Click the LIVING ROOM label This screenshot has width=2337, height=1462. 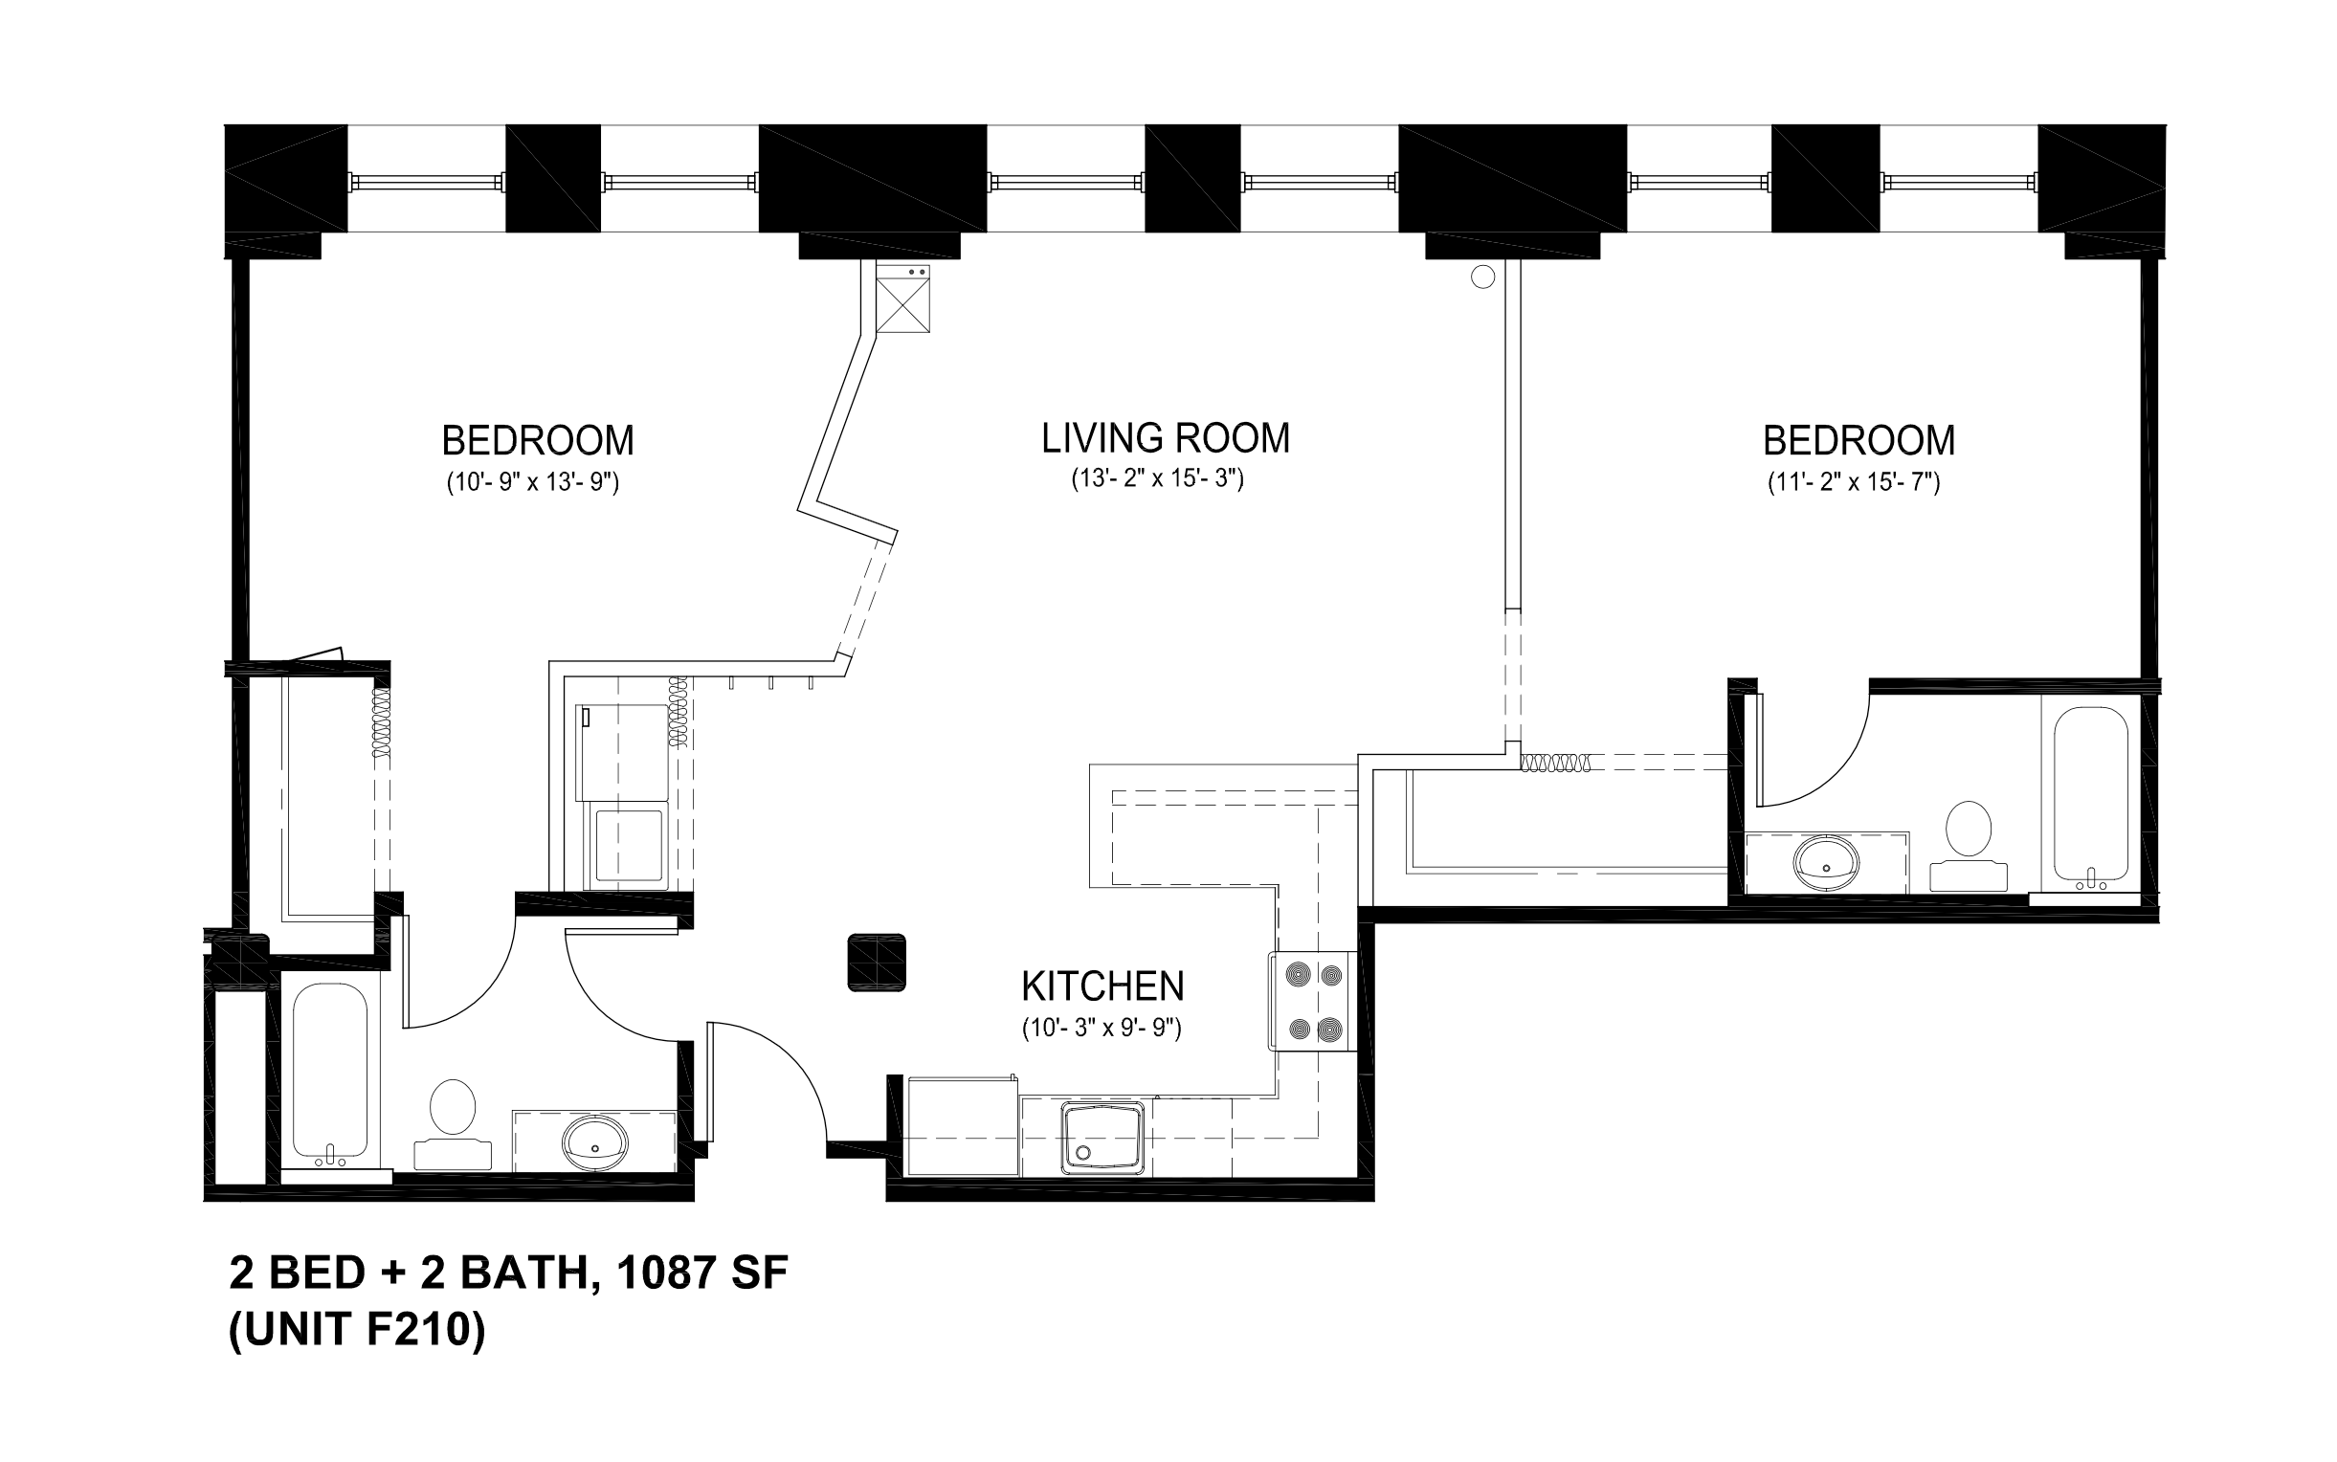tap(1165, 438)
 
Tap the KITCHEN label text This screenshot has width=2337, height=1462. tap(1102, 986)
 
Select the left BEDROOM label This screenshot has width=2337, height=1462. tap(538, 441)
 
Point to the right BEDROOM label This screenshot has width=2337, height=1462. tap(1858, 441)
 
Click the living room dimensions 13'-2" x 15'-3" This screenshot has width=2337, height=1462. tap(1157, 478)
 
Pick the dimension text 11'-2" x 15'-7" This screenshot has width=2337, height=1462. tap(1854, 481)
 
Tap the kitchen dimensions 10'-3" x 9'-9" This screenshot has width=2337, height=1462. tap(1102, 1028)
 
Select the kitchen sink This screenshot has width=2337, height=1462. tap(1102, 1137)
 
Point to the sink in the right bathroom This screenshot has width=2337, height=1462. tap(1826, 860)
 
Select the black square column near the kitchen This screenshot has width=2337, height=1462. tap(876, 963)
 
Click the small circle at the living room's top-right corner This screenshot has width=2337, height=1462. tap(1482, 277)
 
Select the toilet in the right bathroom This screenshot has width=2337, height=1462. tap(1969, 846)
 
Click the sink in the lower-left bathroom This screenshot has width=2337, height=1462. tap(593, 1141)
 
